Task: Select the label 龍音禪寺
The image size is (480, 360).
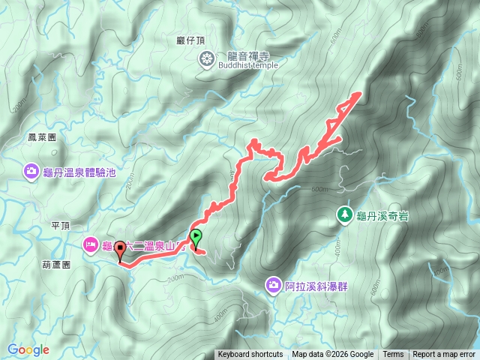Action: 248,55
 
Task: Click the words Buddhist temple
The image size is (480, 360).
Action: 247,65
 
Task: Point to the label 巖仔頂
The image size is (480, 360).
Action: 191,40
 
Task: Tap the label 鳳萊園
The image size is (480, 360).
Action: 42,138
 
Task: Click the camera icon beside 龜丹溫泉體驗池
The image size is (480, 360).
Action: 31,172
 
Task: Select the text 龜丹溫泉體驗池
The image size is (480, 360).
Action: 80,172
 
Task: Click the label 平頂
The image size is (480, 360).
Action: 61,224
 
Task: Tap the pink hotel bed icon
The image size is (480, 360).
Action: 90,244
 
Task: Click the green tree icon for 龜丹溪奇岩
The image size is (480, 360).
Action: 343,214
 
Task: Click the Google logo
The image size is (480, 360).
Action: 28,349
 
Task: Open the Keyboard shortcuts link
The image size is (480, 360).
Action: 250,355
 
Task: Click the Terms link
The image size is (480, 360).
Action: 393,355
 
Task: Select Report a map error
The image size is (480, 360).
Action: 445,355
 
